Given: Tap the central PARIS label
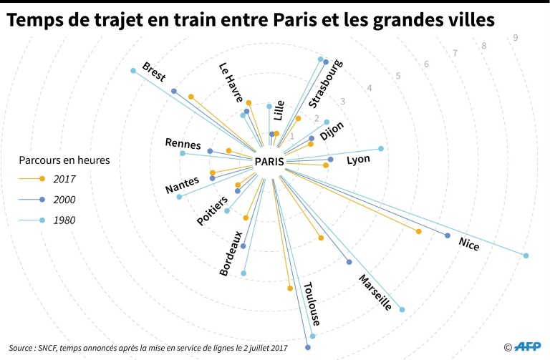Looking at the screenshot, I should click(x=269, y=162).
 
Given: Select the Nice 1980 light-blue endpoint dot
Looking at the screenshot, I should click(x=526, y=256).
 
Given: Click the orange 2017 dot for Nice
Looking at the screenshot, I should click(x=418, y=231).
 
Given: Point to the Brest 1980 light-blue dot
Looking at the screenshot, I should click(x=132, y=70).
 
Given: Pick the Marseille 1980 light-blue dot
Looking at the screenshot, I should click(x=402, y=310).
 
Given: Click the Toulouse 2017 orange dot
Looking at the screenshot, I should click(x=290, y=288).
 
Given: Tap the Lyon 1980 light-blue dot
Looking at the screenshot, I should click(x=381, y=148).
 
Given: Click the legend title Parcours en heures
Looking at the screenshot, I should click(x=64, y=160).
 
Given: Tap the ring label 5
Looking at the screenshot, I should click(x=397, y=77).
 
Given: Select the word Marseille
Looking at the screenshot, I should click(x=375, y=292).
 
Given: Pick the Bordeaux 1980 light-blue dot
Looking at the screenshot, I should click(x=243, y=273).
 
